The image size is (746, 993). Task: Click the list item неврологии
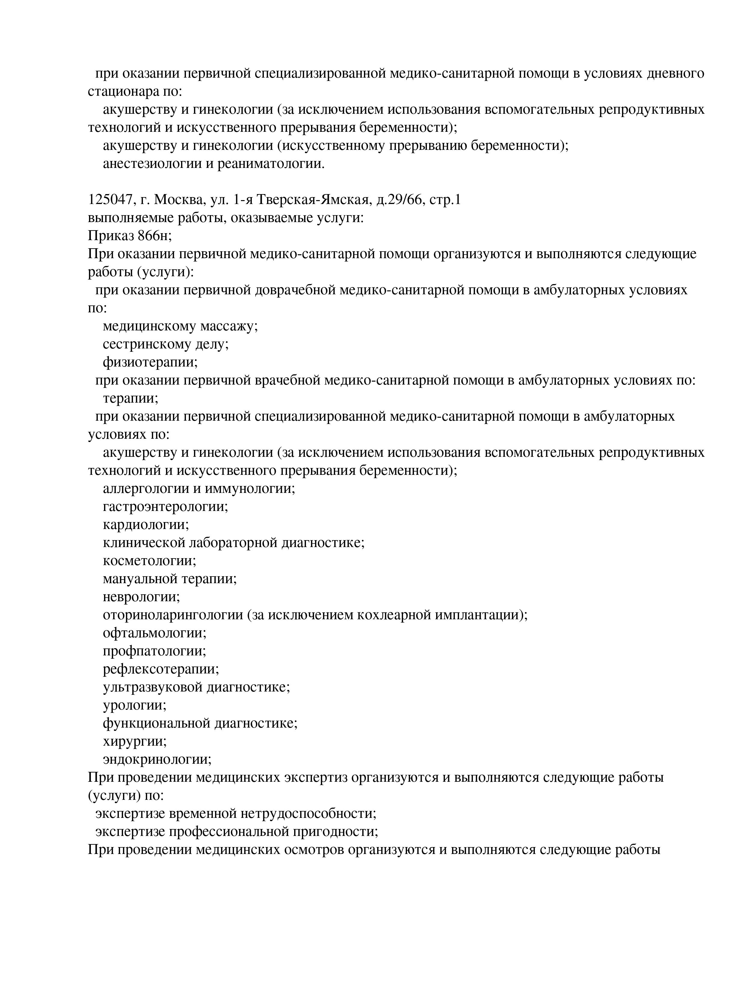click(x=141, y=597)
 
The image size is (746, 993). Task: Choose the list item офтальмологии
click(x=154, y=633)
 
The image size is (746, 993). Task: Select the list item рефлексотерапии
click(x=161, y=669)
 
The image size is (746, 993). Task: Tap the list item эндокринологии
click(x=157, y=759)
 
